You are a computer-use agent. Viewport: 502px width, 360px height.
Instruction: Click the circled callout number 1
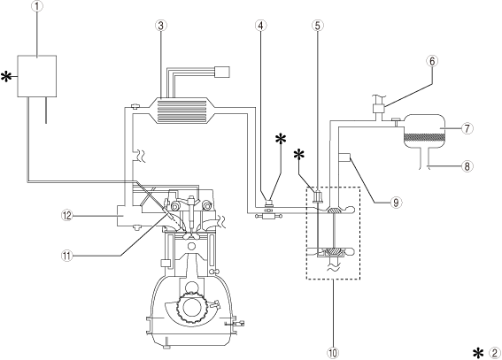(x=37, y=7)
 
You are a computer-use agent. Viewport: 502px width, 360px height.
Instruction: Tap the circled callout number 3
(x=161, y=26)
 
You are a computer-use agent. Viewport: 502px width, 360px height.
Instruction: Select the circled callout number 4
(x=261, y=26)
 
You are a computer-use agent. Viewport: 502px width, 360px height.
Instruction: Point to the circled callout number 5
(x=317, y=26)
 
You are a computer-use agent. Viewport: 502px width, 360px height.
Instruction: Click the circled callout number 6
(x=432, y=61)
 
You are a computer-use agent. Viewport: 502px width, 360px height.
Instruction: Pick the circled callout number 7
(x=467, y=128)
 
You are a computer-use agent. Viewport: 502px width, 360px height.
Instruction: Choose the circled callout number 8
(x=467, y=166)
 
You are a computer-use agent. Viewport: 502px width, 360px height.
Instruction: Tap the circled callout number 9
(x=396, y=203)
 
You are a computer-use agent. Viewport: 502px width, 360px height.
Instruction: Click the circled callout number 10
(x=333, y=353)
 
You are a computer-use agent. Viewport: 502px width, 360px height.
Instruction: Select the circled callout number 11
(x=67, y=256)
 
